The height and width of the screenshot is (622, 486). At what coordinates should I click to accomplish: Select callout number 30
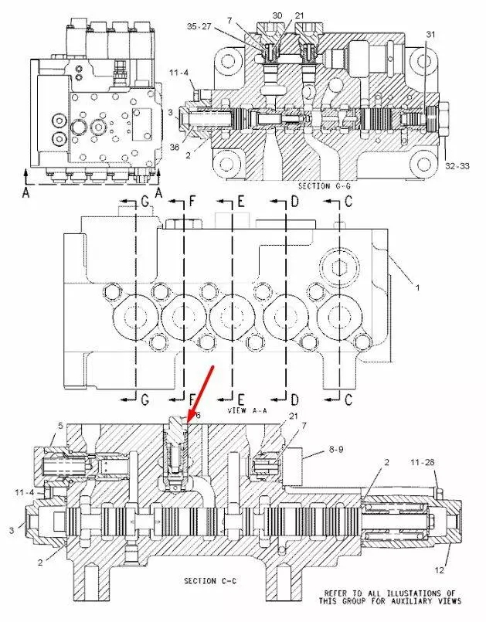(277, 15)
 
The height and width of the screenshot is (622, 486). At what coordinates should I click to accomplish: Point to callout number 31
(430, 34)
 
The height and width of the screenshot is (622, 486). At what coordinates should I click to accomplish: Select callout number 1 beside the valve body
(417, 287)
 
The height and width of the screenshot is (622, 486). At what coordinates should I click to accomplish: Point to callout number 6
(197, 415)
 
